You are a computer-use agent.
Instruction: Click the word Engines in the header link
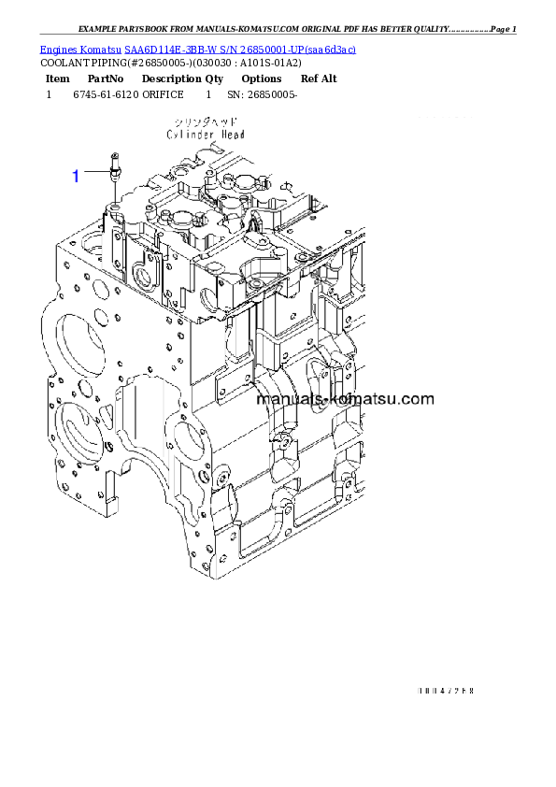click(x=57, y=50)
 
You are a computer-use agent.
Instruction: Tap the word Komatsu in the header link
click(x=100, y=50)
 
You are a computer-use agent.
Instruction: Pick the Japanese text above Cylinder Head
click(x=207, y=122)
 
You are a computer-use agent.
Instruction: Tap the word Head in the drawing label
click(x=234, y=135)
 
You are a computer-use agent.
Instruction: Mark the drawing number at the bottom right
click(x=446, y=691)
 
